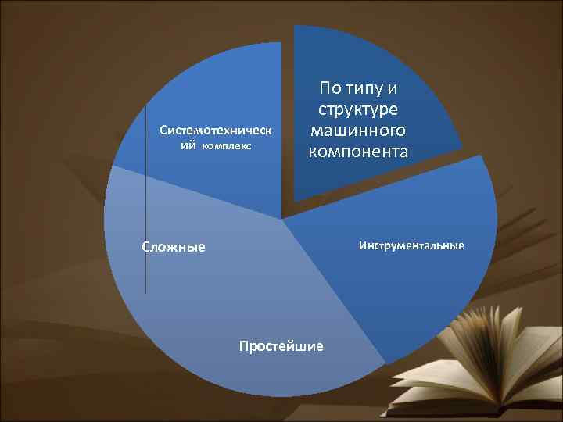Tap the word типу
[x=372, y=90]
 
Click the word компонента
[x=358, y=151]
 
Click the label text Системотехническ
[x=216, y=130]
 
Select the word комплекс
[x=227, y=146]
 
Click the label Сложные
[x=174, y=247]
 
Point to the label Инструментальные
[x=411, y=246]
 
